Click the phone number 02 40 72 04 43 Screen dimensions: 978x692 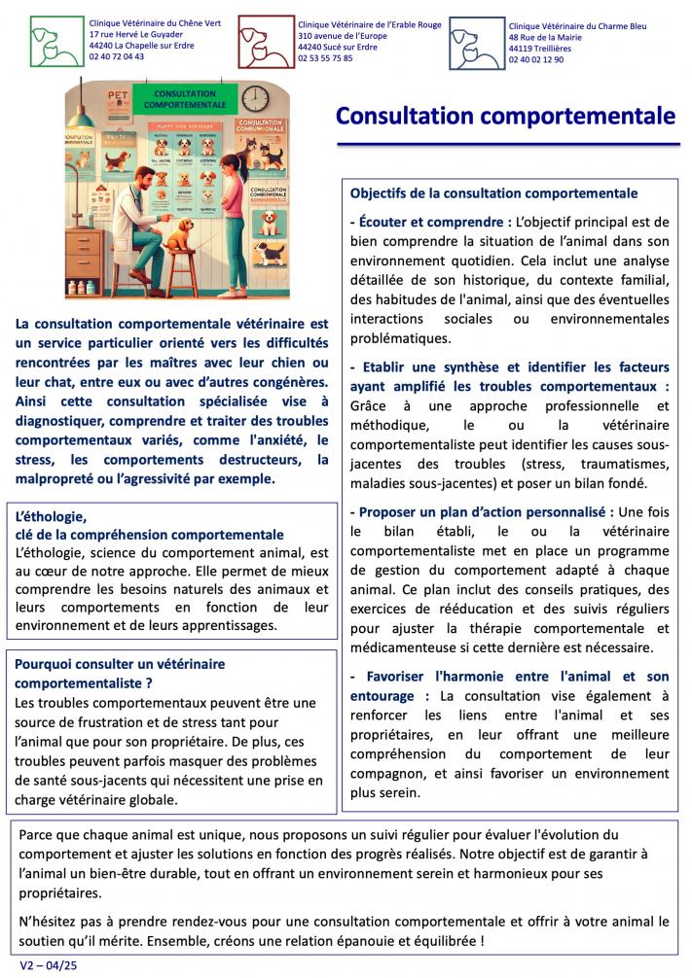[116, 57]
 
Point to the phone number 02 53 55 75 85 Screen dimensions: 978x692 [325, 58]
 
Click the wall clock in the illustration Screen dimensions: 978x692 [255, 96]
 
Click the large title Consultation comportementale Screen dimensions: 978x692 [505, 116]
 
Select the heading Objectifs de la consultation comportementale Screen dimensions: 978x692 [494, 193]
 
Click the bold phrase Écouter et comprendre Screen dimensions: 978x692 [429, 222]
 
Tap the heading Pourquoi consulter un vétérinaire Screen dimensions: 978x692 [120, 663]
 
